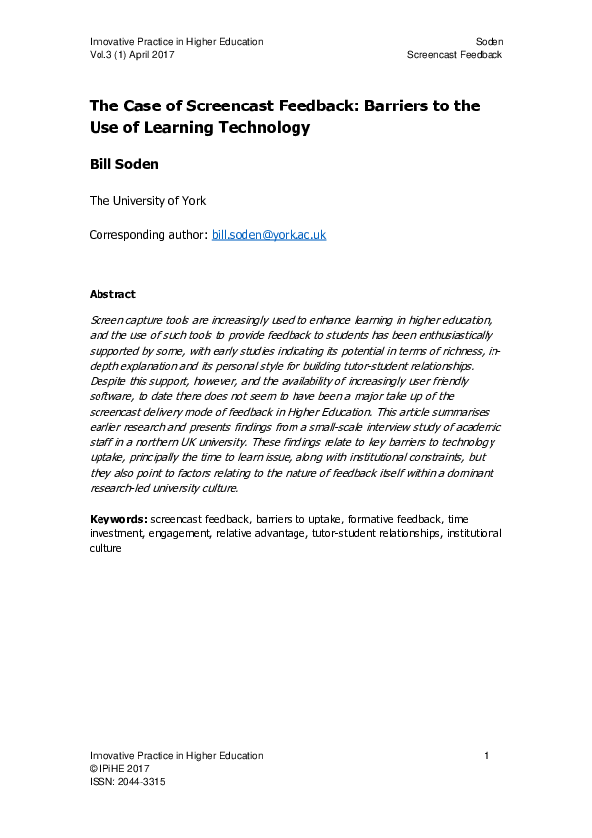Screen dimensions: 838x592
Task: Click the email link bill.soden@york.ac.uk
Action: click(270, 235)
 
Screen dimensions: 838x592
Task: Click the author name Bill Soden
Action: click(122, 165)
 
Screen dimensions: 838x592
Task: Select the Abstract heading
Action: click(112, 295)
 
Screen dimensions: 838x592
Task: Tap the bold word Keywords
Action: click(118, 519)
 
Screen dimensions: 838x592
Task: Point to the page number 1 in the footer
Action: click(487, 756)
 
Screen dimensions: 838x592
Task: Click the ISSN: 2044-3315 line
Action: click(127, 782)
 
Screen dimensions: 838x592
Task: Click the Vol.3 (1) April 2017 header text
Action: click(139, 54)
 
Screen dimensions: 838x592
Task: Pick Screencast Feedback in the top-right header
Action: click(455, 54)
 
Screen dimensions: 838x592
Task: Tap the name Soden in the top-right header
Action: click(489, 41)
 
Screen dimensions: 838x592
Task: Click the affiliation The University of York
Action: click(148, 201)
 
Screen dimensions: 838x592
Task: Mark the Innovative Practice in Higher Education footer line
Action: click(176, 756)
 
